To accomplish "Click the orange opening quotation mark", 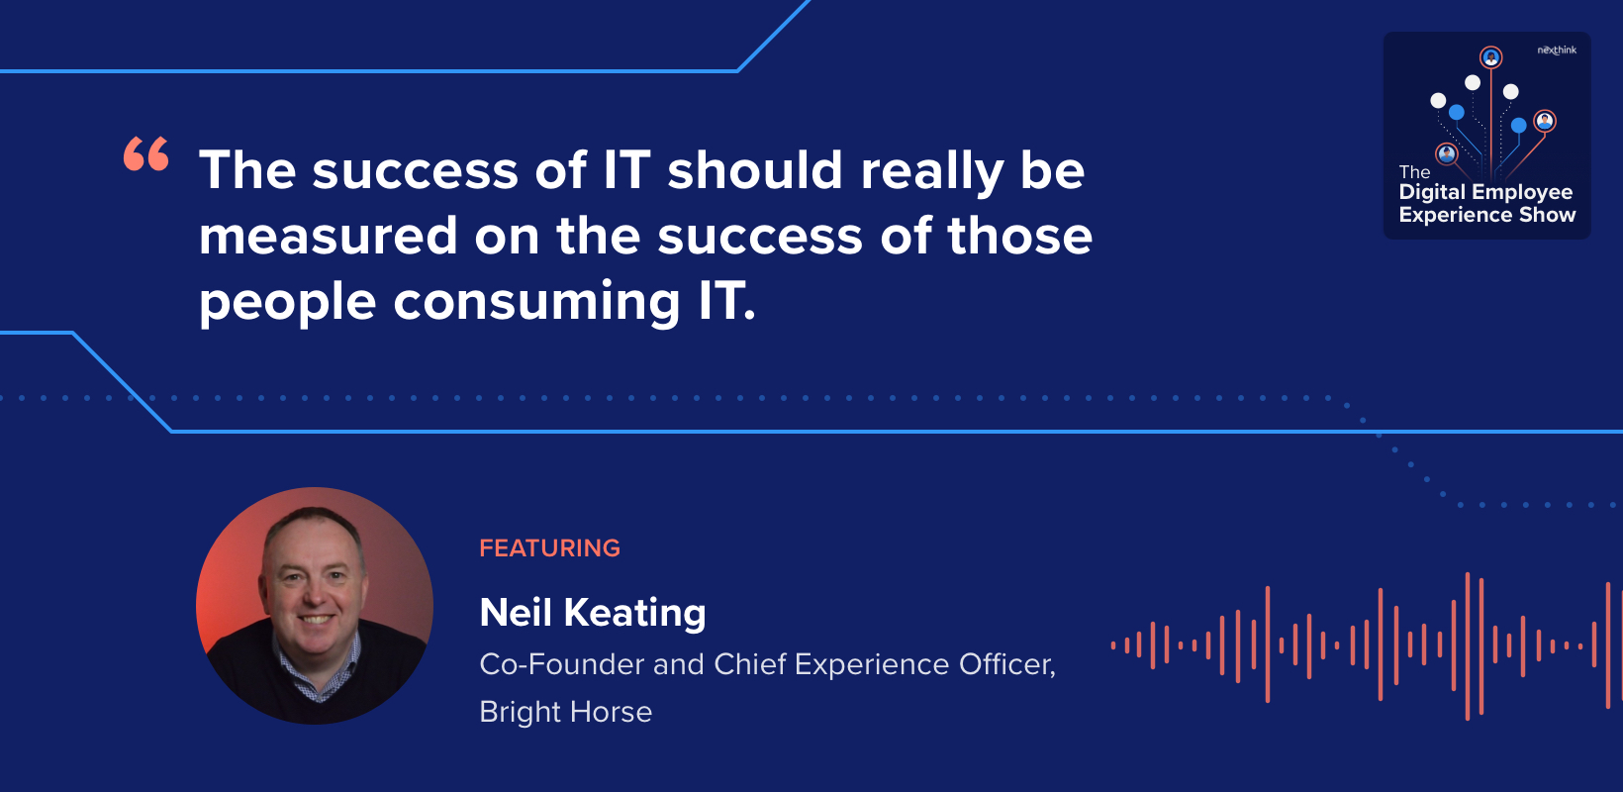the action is (x=146, y=153).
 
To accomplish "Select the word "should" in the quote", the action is (x=755, y=170).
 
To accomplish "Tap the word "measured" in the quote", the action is (x=329, y=237).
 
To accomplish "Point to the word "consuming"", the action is (x=536, y=302).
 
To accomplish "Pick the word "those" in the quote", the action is (x=1019, y=236).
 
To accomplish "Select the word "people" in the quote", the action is (x=288, y=302).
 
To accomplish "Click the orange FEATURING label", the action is (x=550, y=547).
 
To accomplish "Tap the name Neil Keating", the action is (x=593, y=613).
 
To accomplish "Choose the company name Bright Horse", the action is (x=566, y=712).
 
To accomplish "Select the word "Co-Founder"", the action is (x=561, y=663).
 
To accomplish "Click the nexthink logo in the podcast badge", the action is (x=1557, y=50).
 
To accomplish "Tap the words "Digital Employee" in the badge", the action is (x=1485, y=193).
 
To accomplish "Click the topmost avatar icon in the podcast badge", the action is (x=1490, y=57).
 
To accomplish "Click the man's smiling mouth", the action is (x=318, y=620).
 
